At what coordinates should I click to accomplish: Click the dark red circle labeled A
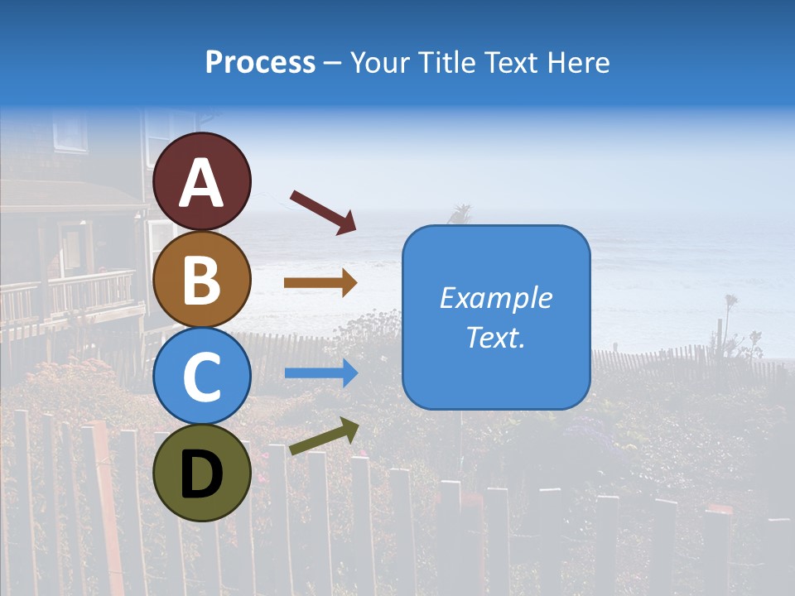pos(202,181)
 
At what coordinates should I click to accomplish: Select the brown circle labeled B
pos(202,279)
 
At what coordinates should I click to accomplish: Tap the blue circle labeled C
pos(202,376)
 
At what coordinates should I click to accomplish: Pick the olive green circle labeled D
pos(202,473)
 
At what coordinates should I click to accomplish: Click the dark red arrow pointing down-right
pos(323,211)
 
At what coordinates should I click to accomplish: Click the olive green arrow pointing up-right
pos(324,436)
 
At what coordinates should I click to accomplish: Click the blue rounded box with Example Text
pos(496,317)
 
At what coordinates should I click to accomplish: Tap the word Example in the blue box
pos(496,298)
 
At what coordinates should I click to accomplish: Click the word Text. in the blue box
pos(496,338)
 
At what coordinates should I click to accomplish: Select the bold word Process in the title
pos(260,62)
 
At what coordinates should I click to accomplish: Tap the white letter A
pos(202,183)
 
